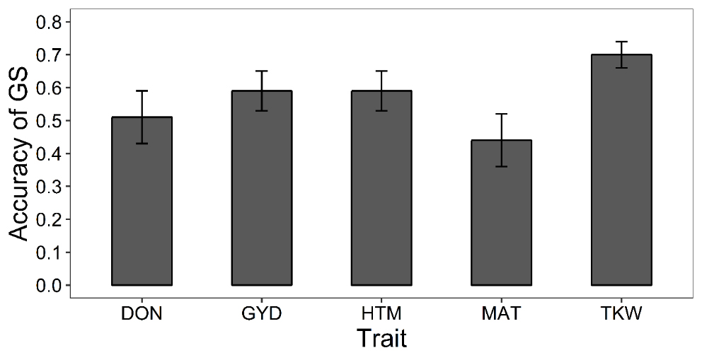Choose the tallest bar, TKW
coord(621,170)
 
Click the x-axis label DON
coord(142,313)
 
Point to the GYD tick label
coord(262,313)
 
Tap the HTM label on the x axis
coord(381,313)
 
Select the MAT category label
coord(502,313)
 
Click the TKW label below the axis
coord(621,313)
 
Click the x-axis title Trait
coord(381,339)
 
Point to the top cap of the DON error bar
coord(142,91)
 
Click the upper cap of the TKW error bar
coord(621,42)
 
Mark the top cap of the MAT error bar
coord(502,114)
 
